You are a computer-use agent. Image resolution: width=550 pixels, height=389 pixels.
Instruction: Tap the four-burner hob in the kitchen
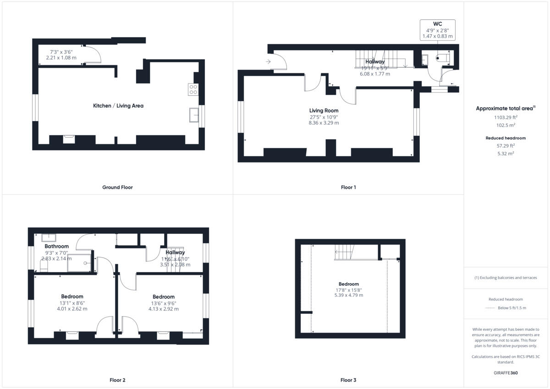pyautogui.click(x=193, y=89)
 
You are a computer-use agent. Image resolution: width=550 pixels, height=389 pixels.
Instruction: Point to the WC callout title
pyautogui.click(x=437, y=24)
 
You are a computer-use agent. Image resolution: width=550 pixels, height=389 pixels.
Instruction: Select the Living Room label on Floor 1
pyautogui.click(x=324, y=110)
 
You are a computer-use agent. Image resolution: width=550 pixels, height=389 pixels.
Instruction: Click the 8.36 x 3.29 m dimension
pyautogui.click(x=324, y=123)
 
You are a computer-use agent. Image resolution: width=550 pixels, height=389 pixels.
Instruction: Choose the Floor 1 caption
pyautogui.click(x=348, y=187)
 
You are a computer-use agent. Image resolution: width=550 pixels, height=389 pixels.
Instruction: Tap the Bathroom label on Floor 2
pyautogui.click(x=56, y=247)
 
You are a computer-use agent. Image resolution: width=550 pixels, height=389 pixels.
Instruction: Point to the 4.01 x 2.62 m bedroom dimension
pyautogui.click(x=72, y=309)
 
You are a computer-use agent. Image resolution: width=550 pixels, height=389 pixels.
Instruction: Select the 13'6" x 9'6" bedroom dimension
pyautogui.click(x=163, y=303)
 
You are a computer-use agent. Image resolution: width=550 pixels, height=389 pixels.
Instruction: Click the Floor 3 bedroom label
pyautogui.click(x=349, y=284)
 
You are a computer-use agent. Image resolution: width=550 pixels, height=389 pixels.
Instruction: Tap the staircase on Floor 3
pyautogui.click(x=344, y=252)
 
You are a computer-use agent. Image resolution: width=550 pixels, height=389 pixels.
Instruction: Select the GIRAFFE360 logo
pyautogui.click(x=506, y=373)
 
